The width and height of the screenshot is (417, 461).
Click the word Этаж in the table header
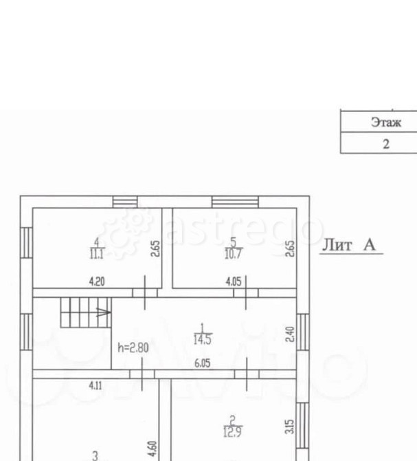coord(386,122)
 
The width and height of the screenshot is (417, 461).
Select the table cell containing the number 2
coord(379,143)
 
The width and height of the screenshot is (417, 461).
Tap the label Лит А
coord(349,245)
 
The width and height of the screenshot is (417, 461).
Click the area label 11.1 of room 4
coord(97,253)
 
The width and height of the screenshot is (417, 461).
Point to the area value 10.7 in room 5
coord(234,254)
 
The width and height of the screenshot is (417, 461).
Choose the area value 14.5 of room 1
coord(202,339)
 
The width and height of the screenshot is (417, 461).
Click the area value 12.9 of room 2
coord(232,432)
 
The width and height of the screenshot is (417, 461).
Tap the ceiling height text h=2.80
coord(133,347)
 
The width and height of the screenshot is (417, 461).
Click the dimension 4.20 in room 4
coord(97,281)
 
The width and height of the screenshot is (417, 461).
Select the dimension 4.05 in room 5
coord(234,281)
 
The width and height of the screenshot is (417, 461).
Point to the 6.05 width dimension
coord(203,363)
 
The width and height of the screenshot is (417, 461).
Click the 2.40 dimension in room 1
coord(290,334)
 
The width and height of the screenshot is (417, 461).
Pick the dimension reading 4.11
coord(95,385)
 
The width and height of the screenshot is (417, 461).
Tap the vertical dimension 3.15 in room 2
coord(290,427)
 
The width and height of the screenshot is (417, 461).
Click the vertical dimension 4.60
coord(153,449)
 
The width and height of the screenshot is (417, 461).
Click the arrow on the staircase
coord(104,312)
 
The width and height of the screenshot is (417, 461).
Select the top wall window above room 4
coord(125,202)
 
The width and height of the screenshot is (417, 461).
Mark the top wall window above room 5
coord(235,202)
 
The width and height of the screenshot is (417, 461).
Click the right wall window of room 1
coord(303,332)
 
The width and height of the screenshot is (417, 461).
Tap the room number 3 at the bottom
coord(95,455)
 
